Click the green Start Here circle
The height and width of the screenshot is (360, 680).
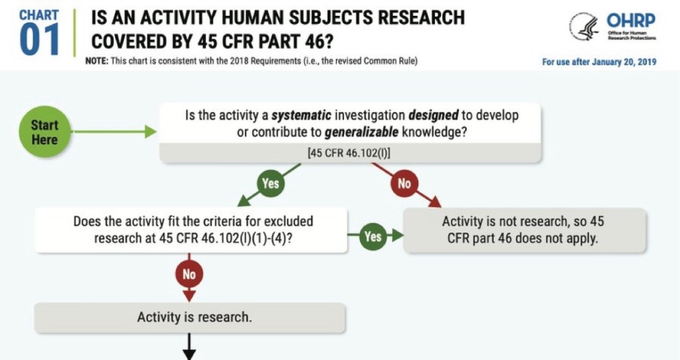coord(44,132)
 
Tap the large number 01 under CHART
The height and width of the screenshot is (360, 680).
coord(39,40)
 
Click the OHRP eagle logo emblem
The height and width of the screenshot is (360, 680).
coord(584,27)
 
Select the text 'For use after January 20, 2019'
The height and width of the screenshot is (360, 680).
coord(599,62)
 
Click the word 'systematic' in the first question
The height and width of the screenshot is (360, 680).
coord(301,116)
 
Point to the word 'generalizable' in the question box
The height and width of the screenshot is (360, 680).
coord(361,132)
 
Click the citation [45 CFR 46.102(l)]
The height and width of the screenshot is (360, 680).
coord(349,153)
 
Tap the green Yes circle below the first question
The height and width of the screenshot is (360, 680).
coord(270,183)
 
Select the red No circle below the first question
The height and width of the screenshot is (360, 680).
coord(404,183)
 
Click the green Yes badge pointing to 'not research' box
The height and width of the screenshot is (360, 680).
coord(373,236)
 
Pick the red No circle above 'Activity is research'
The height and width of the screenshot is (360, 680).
coord(189,274)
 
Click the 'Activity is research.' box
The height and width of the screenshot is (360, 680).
coord(190,317)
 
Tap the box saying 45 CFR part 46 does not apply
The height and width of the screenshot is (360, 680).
coord(525,230)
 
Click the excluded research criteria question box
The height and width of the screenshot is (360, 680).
coord(191,230)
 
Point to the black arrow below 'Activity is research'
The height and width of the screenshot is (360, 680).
coord(189,347)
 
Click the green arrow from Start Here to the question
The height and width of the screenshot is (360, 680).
coord(114,132)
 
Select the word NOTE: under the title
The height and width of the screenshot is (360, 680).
coord(97,60)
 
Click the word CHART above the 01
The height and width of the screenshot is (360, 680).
coord(39,15)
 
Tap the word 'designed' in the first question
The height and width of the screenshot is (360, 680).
coord(433,116)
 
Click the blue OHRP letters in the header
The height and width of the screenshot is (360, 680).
coord(631,21)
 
